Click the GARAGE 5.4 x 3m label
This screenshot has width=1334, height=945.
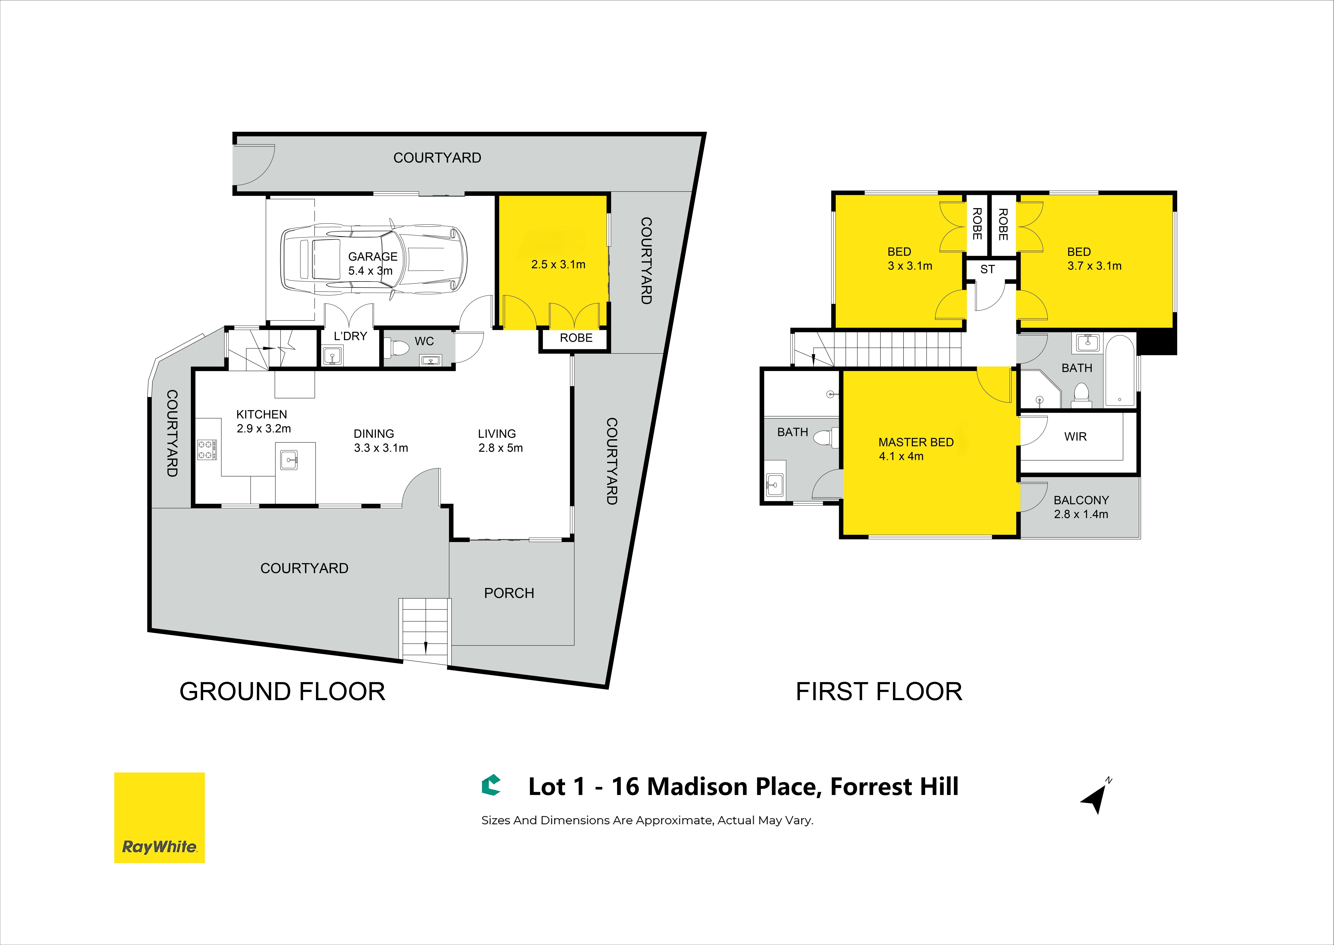click(x=372, y=264)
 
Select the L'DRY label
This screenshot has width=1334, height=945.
click(x=350, y=336)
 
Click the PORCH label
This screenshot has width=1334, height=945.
click(x=509, y=593)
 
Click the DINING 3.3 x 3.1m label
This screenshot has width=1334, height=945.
click(x=381, y=440)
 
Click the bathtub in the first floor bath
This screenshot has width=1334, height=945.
click(x=1119, y=371)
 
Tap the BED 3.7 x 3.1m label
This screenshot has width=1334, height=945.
click(x=1094, y=259)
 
